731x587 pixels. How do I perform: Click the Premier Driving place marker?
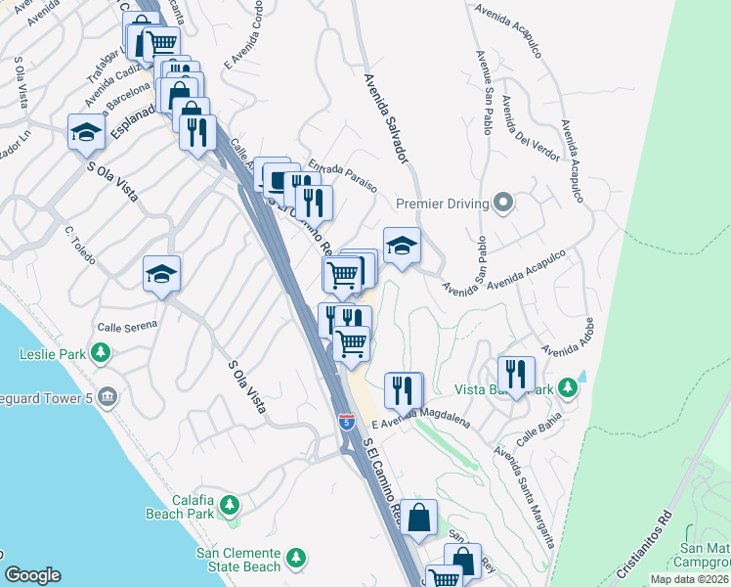tap(503, 203)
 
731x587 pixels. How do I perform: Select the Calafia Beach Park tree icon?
tap(229, 505)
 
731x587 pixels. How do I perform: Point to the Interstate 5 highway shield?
tap(347, 422)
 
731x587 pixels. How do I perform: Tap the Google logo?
tap(32, 575)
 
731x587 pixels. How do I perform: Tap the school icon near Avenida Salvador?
tap(402, 247)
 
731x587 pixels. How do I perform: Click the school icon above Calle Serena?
tap(161, 275)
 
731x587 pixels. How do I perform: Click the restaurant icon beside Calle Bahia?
tap(516, 374)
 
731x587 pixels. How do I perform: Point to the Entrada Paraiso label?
tap(342, 176)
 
